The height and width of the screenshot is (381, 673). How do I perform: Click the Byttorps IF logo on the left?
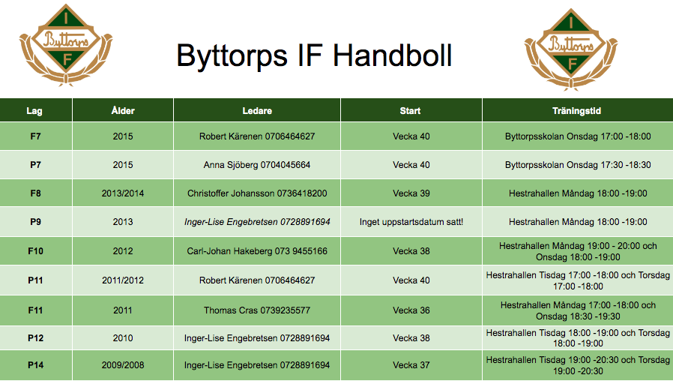[x=66, y=45]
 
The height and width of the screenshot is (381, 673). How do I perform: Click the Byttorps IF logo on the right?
[x=571, y=49]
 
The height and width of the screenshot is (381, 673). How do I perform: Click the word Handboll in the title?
[x=392, y=55]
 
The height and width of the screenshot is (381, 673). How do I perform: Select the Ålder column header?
[x=123, y=111]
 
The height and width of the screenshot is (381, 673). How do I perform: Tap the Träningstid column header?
[x=576, y=111]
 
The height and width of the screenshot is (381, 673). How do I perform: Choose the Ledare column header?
[x=257, y=111]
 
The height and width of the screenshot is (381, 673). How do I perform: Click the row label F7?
[x=36, y=136]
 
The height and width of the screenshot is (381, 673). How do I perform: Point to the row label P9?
[x=36, y=222]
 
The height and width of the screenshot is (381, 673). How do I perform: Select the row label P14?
[x=36, y=365]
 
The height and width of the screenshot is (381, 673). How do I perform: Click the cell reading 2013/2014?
[x=123, y=193]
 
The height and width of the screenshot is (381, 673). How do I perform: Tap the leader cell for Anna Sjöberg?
[x=257, y=165]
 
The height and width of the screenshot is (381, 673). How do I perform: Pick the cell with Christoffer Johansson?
[x=257, y=193]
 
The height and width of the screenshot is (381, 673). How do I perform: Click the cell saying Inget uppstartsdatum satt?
[x=411, y=222]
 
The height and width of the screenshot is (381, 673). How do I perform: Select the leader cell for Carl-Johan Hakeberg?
[x=257, y=250]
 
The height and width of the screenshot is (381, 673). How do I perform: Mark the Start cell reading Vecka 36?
[x=411, y=310]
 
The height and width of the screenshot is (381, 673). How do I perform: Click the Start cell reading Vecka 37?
[x=411, y=365]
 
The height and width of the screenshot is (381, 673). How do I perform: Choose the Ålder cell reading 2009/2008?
[x=123, y=365]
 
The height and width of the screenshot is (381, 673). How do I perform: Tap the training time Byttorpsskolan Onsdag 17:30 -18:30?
[x=578, y=165]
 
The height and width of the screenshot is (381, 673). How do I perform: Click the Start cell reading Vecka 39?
[x=411, y=193]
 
